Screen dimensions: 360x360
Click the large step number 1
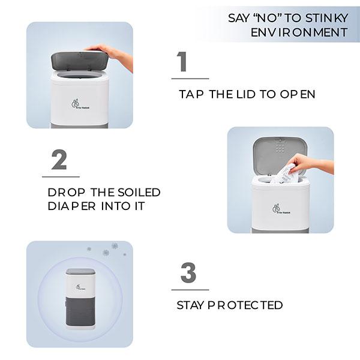coord(182,61)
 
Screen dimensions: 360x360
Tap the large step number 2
coord(59,160)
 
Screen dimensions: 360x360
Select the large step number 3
coord(188,272)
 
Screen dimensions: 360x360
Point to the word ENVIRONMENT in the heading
coord(299,32)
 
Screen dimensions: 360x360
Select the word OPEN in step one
coord(298,94)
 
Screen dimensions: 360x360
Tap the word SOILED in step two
coord(139,193)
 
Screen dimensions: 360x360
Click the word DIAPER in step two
coord(71,206)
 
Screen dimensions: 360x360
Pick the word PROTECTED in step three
coord(245,305)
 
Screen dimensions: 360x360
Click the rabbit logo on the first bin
coord(80,104)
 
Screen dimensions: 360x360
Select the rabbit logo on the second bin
coord(281,209)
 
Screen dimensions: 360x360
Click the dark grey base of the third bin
coord(80,311)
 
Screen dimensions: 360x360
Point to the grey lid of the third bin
coord(80,271)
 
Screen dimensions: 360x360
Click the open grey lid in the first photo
coord(79,61)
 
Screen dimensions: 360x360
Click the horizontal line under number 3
coord(190,290)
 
